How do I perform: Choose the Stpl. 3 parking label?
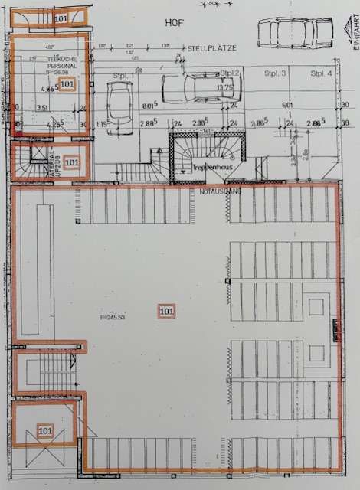click(276, 73)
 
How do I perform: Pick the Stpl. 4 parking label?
click(322, 73)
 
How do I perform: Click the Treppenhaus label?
click(206, 165)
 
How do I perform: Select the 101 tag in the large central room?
click(166, 311)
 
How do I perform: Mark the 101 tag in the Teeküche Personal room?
click(67, 83)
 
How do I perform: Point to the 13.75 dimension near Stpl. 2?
click(225, 87)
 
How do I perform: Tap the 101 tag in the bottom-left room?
click(45, 431)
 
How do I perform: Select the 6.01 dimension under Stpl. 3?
click(287, 106)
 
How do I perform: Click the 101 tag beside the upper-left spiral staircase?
click(72, 162)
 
